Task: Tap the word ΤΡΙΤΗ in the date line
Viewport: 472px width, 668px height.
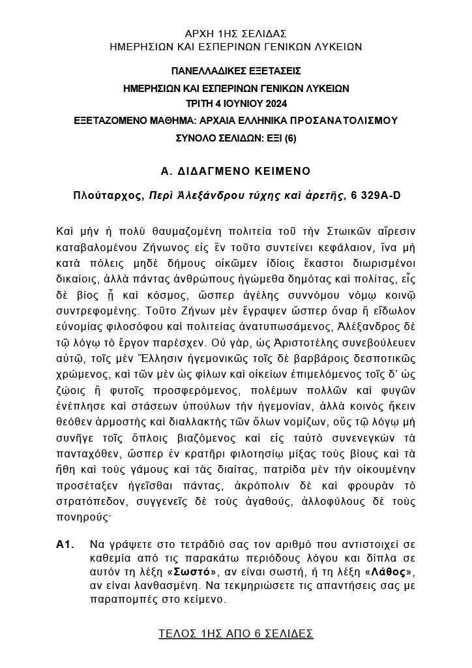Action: pyautogui.click(x=199, y=104)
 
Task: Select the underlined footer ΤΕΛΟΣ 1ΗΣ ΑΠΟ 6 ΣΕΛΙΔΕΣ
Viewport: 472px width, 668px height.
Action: pyautogui.click(x=235, y=633)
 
